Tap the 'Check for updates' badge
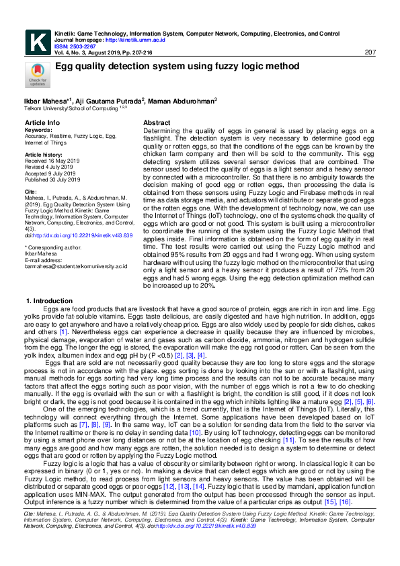point(36,75)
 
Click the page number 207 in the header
point(369,52)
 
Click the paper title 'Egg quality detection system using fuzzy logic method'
point(177,67)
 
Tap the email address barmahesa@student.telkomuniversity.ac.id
point(76,266)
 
